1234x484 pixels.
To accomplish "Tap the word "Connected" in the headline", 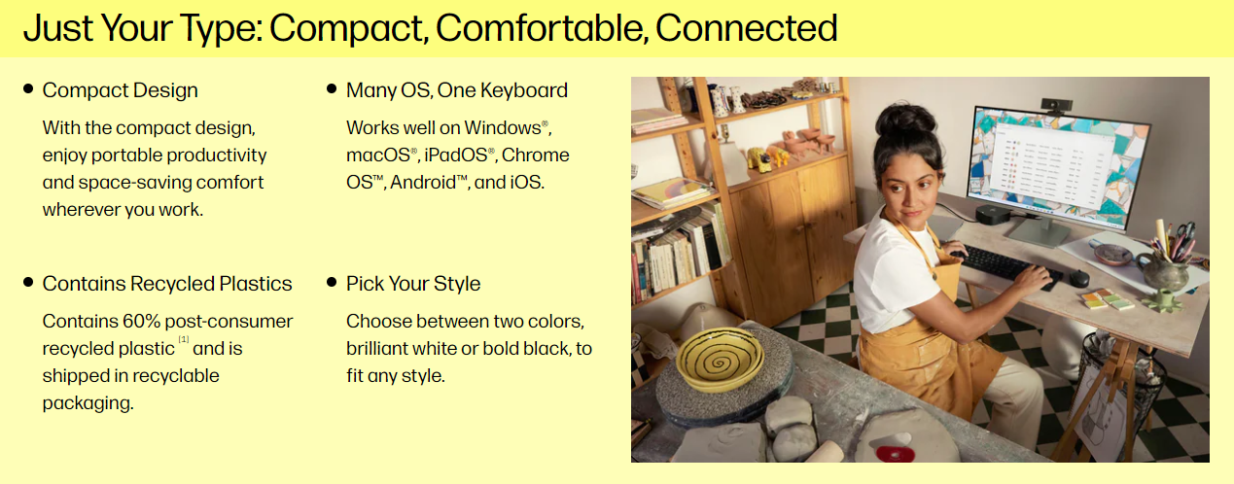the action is [747, 27].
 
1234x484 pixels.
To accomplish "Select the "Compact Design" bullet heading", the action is [121, 90].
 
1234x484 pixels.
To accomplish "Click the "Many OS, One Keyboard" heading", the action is [457, 90].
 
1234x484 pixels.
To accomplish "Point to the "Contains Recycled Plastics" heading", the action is [167, 284].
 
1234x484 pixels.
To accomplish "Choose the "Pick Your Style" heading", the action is [413, 284].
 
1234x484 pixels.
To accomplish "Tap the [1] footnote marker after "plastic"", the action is [184, 339].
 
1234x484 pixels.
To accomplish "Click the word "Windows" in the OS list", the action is [503, 127].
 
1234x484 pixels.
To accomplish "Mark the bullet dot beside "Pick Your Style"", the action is [332, 282].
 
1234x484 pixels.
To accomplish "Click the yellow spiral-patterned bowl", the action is [720, 359].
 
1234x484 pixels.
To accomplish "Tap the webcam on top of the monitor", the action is [1055, 105].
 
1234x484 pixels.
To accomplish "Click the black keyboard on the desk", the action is [1008, 267].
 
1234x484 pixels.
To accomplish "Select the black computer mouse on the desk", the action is [1078, 278].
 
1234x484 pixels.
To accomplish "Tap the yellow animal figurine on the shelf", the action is [759, 159].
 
